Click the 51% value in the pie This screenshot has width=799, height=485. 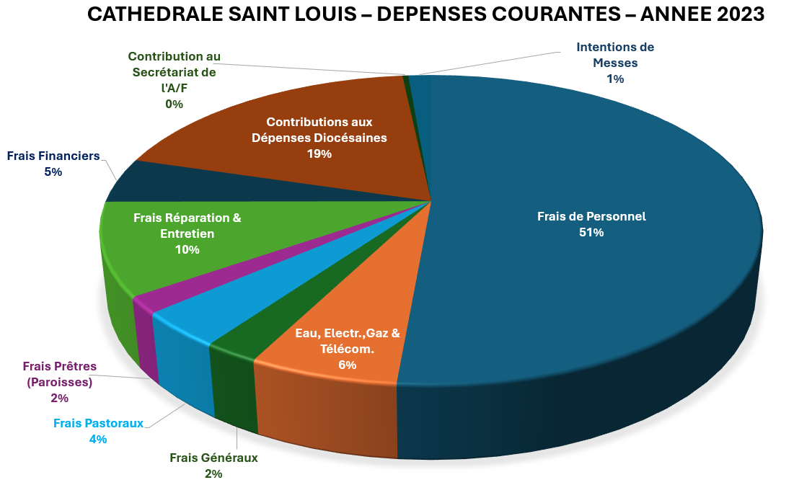click(x=591, y=233)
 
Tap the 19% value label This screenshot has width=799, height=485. click(x=319, y=154)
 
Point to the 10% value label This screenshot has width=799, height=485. click(x=187, y=250)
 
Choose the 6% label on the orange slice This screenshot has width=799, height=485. click(x=348, y=365)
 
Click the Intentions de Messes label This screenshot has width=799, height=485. click(x=615, y=55)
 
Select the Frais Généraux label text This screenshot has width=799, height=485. click(x=213, y=458)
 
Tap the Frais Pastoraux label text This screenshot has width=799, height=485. click(x=98, y=423)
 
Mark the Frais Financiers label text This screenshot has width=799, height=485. click(x=53, y=156)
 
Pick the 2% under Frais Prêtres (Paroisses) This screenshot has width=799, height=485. click(x=60, y=399)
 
